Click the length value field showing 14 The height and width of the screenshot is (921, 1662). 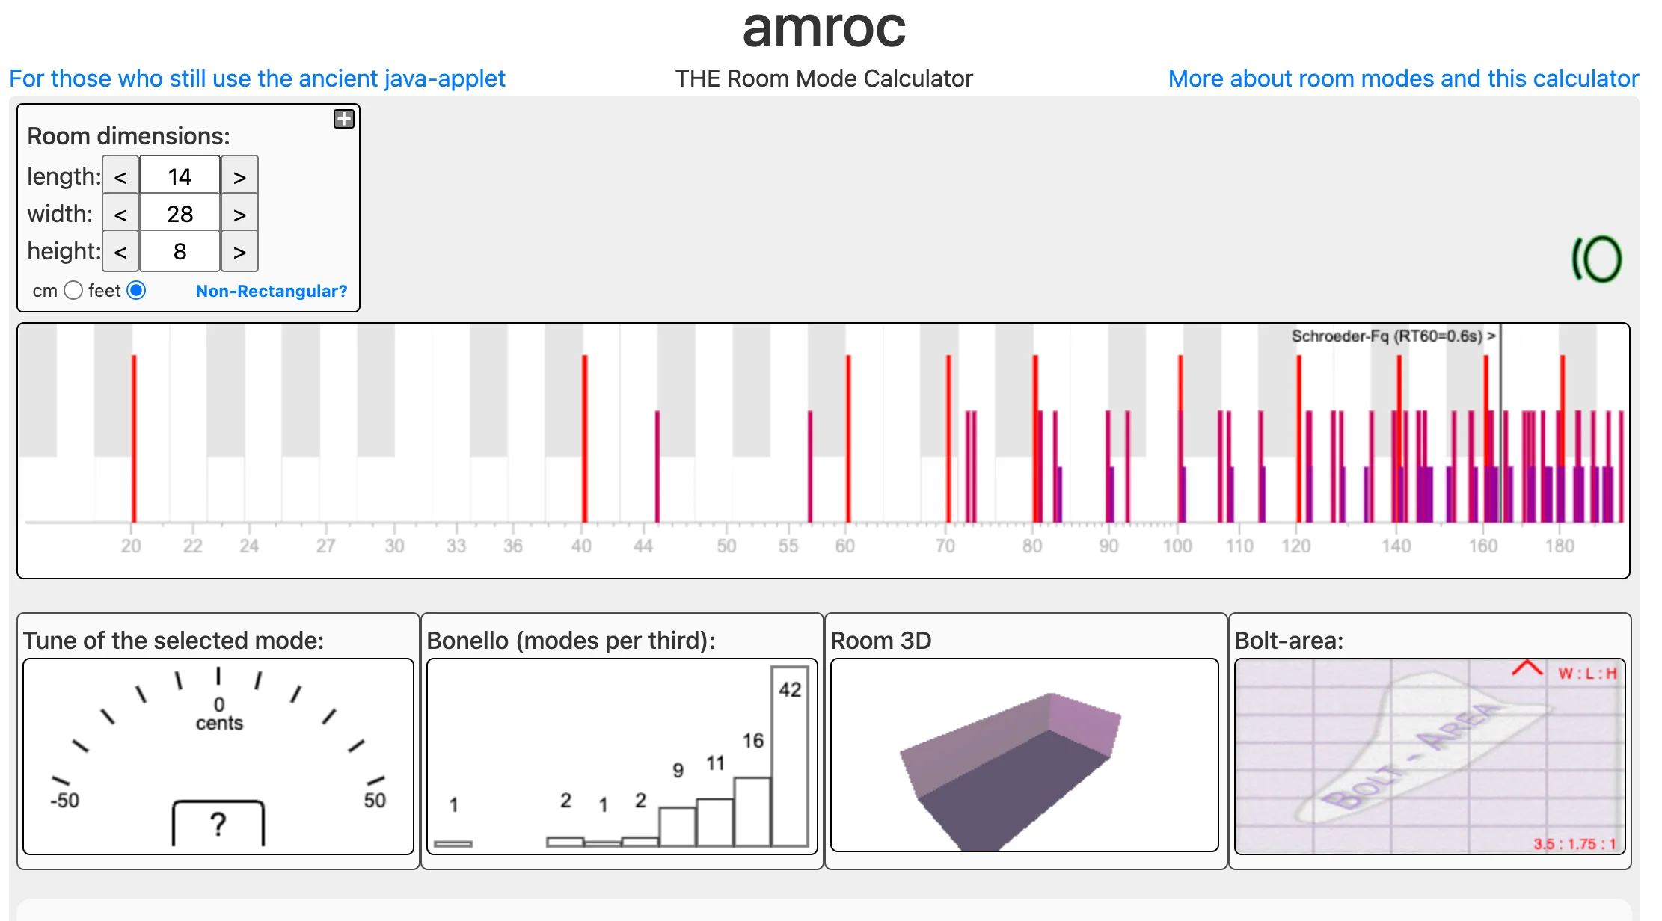(180, 176)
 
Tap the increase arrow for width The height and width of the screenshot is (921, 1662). (239, 215)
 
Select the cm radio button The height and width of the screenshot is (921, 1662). (73, 290)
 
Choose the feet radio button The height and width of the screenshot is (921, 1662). (136, 290)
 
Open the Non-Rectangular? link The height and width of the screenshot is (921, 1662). (272, 291)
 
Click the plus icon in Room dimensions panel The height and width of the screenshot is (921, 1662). (343, 119)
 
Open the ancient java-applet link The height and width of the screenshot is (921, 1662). (257, 78)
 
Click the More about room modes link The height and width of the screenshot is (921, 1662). (1403, 78)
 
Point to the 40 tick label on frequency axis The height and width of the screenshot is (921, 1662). (581, 546)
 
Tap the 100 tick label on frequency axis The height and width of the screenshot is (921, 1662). (1177, 546)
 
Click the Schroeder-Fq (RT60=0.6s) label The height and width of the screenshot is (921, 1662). (1387, 336)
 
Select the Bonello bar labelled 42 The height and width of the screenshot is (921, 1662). (790, 755)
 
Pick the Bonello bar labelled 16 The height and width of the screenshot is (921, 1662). (752, 811)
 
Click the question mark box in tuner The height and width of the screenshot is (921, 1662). (218, 824)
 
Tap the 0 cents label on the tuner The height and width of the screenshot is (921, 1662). (219, 714)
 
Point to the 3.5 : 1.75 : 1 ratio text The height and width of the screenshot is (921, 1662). (1574, 844)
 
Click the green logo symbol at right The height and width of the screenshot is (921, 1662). (1596, 259)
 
